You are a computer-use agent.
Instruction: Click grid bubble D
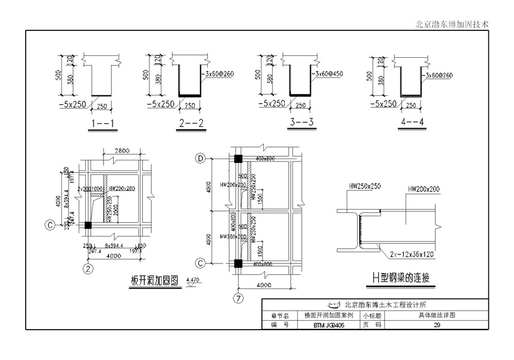pyautogui.click(x=201, y=159)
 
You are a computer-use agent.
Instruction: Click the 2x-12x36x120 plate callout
pyautogui.click(x=408, y=254)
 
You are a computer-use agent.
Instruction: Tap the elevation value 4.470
pyautogui.click(x=194, y=279)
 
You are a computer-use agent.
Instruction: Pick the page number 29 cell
pyautogui.click(x=437, y=325)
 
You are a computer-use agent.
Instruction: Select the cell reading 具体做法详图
pyautogui.click(x=437, y=315)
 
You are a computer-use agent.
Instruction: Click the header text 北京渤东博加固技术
pyautogui.click(x=452, y=24)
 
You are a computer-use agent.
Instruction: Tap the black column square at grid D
pyautogui.click(x=238, y=159)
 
